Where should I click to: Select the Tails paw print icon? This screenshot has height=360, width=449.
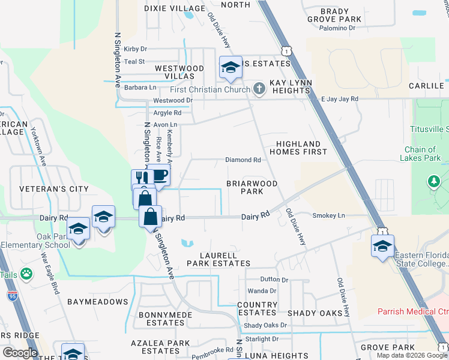pos(26,274)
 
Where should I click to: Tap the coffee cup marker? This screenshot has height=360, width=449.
pos(160,175)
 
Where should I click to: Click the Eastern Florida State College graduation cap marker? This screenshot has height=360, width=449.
pos(383,246)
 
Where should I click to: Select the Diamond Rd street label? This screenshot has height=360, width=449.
pos(243,160)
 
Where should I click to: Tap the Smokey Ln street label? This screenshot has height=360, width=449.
pos(328,215)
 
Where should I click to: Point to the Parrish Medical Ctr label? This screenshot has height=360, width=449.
pos(413,311)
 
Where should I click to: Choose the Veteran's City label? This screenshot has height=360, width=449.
pos(54,189)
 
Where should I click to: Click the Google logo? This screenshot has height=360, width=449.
pos(20,352)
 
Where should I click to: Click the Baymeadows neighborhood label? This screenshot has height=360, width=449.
pos(90,301)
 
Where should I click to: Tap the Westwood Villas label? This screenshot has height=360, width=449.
pos(175,73)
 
